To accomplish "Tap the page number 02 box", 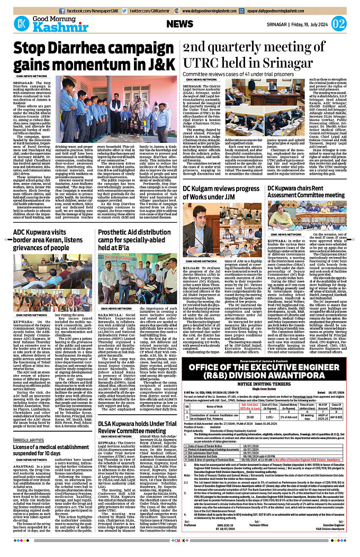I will coord(338,24).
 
